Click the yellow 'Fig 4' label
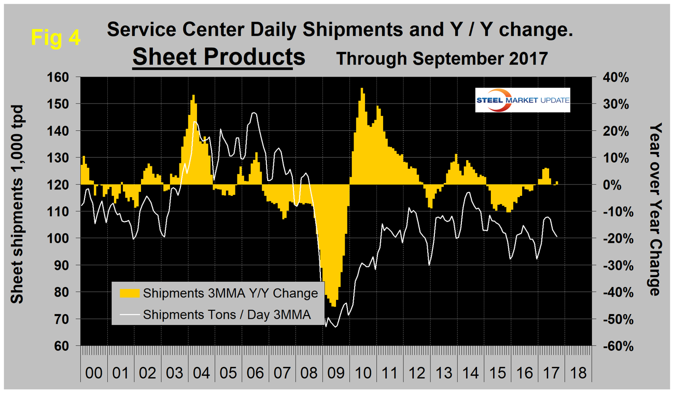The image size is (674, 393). click(x=56, y=37)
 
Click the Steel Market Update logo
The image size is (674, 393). click(x=523, y=100)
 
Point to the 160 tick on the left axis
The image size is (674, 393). click(x=62, y=77)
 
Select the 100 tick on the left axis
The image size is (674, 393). click(x=62, y=238)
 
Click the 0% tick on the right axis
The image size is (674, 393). click(x=615, y=184)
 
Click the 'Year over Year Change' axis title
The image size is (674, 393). click(x=656, y=209)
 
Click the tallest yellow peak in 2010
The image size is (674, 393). click(x=362, y=89)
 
